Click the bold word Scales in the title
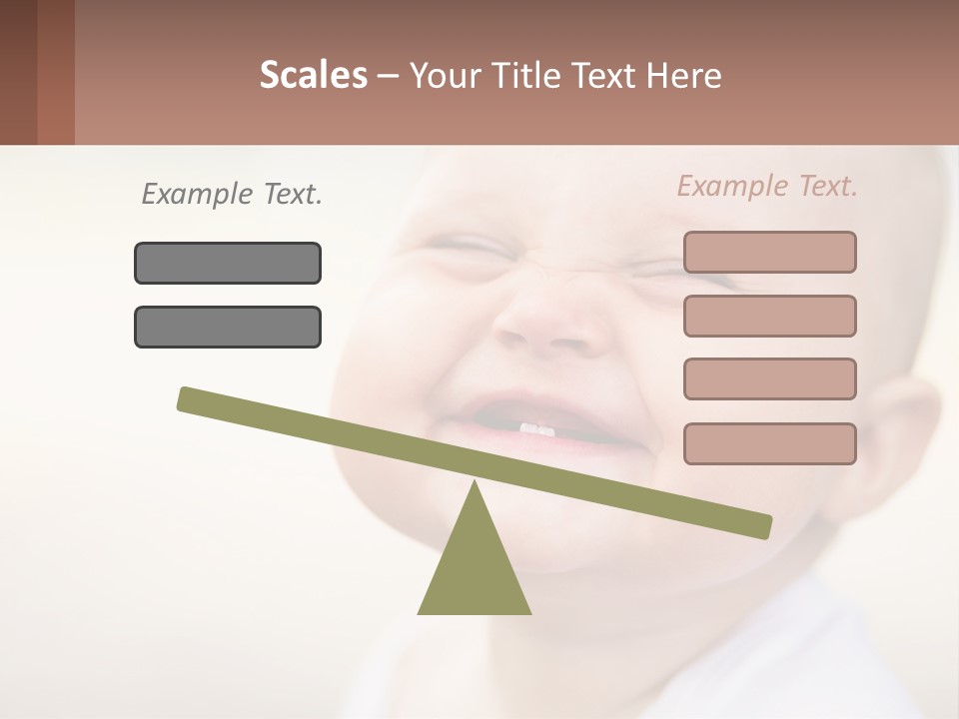coord(313,75)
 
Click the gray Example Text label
coord(232,194)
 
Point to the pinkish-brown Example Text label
coord(767,186)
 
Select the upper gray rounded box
coord(228,263)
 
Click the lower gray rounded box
coord(228,327)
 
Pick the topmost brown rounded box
coord(769,252)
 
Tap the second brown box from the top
coord(769,316)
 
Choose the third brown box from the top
coord(769,378)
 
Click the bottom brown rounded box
coord(769,443)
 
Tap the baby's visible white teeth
coord(536,428)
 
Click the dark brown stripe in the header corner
coord(18,72)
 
